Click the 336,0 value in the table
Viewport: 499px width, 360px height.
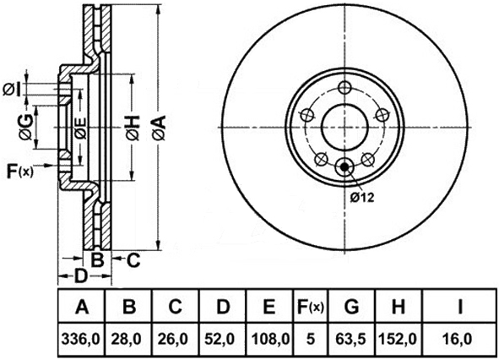[x=81, y=339]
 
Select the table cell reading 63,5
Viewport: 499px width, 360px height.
[x=351, y=339]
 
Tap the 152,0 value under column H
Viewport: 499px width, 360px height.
[x=398, y=339]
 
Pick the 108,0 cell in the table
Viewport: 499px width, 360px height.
[x=270, y=339]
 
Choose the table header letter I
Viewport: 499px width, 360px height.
[x=459, y=307]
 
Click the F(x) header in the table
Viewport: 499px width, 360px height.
[x=311, y=307]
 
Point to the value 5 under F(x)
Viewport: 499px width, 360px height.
[x=310, y=339]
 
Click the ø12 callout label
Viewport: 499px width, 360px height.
[x=362, y=198]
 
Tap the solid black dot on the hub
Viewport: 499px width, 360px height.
[x=344, y=166]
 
